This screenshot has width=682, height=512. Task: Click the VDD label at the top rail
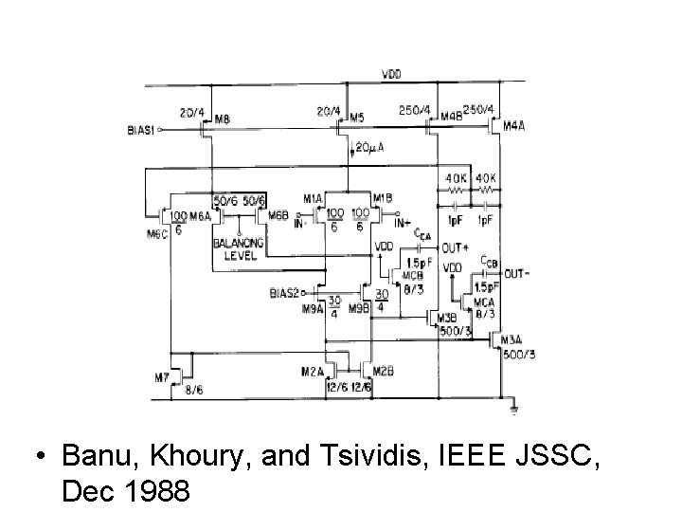pos(389,74)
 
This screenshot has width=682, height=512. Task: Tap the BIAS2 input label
pos(283,292)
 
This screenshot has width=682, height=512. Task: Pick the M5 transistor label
pos(356,119)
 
